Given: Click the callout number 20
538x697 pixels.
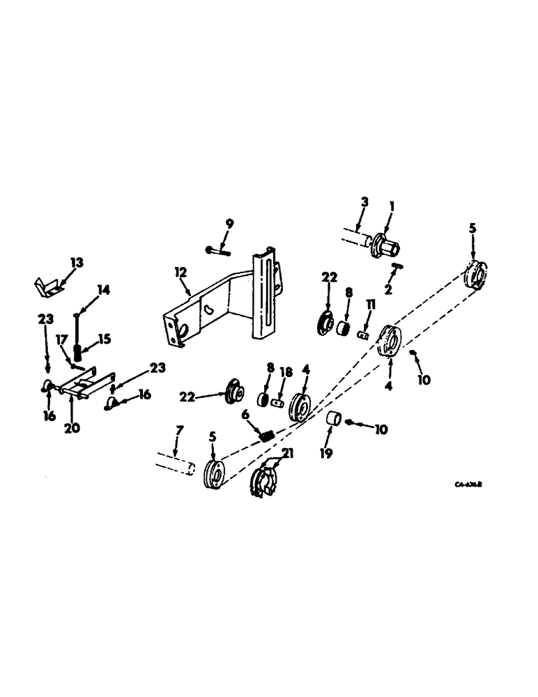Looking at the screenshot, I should (72, 427).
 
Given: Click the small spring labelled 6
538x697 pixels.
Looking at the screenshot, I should (266, 437).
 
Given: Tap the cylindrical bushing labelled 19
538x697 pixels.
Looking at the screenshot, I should (333, 421).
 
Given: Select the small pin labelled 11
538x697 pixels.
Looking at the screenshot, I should (362, 334).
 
